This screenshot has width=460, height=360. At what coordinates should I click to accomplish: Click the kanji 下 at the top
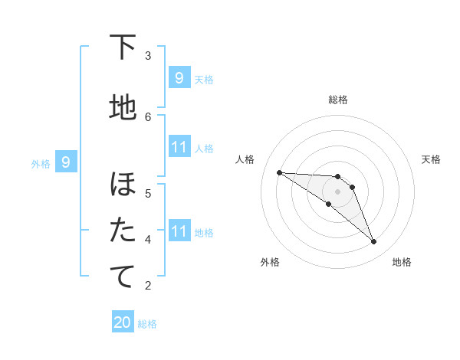pyautogui.click(x=123, y=47)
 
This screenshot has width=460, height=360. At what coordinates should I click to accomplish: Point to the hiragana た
pyautogui.click(x=123, y=231)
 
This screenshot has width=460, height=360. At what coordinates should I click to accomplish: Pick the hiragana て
pyautogui.click(x=123, y=277)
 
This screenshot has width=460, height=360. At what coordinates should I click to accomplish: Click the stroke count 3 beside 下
pyautogui.click(x=148, y=55)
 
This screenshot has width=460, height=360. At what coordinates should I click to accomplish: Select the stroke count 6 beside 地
pyautogui.click(x=148, y=116)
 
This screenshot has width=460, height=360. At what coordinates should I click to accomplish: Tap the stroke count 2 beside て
pyautogui.click(x=148, y=286)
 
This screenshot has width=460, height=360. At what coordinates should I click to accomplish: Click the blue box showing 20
pyautogui.click(x=123, y=322)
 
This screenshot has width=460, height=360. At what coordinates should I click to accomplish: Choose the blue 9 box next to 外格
pyautogui.click(x=67, y=162)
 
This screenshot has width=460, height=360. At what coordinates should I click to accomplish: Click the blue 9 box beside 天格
pyautogui.click(x=179, y=78)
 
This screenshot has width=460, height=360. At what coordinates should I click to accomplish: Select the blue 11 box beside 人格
pyautogui.click(x=179, y=147)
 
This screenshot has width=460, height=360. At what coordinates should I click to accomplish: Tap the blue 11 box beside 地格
pyautogui.click(x=179, y=231)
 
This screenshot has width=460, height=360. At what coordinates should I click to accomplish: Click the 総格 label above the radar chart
pyautogui.click(x=338, y=100)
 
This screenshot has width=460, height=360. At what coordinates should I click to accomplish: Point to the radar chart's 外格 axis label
pyautogui.click(x=270, y=262)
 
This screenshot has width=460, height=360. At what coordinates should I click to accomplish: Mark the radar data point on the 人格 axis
pyautogui.click(x=279, y=172)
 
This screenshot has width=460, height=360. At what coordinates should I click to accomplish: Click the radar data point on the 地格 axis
pyautogui.click(x=374, y=242)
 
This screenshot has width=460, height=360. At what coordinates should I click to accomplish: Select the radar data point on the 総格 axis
pyautogui.click(x=338, y=177)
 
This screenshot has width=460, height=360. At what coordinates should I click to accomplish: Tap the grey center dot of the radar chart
pyautogui.click(x=338, y=191)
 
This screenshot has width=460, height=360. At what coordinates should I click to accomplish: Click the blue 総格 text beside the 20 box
pyautogui.click(x=147, y=324)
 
